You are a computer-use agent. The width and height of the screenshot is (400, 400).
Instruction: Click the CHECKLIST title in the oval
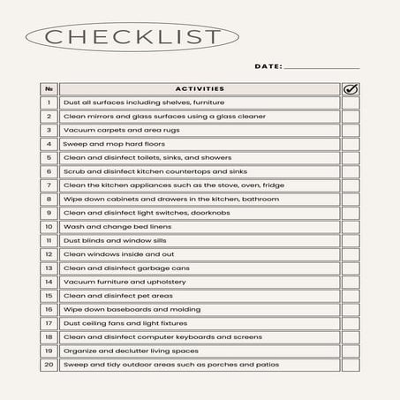point(132,37)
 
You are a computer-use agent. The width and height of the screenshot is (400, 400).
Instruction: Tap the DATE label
point(268,66)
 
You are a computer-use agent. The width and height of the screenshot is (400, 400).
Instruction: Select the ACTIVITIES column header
point(200,88)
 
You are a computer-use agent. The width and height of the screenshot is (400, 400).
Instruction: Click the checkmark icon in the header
point(351,88)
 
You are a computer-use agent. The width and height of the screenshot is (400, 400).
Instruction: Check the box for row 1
point(351,102)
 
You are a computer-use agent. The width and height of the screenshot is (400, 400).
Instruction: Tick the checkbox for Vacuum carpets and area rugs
point(351,130)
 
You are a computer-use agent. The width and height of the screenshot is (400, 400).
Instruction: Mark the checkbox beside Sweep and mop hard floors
point(351,144)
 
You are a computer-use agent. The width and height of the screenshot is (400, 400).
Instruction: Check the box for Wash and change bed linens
point(351,226)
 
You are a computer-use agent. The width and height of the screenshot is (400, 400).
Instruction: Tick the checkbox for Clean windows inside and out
point(351,253)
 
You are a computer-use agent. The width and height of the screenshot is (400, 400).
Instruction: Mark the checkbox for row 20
point(351,364)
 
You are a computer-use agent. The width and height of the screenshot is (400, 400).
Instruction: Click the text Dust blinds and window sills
point(112,240)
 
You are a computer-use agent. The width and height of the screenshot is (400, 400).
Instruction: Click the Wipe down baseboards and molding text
point(118,309)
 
